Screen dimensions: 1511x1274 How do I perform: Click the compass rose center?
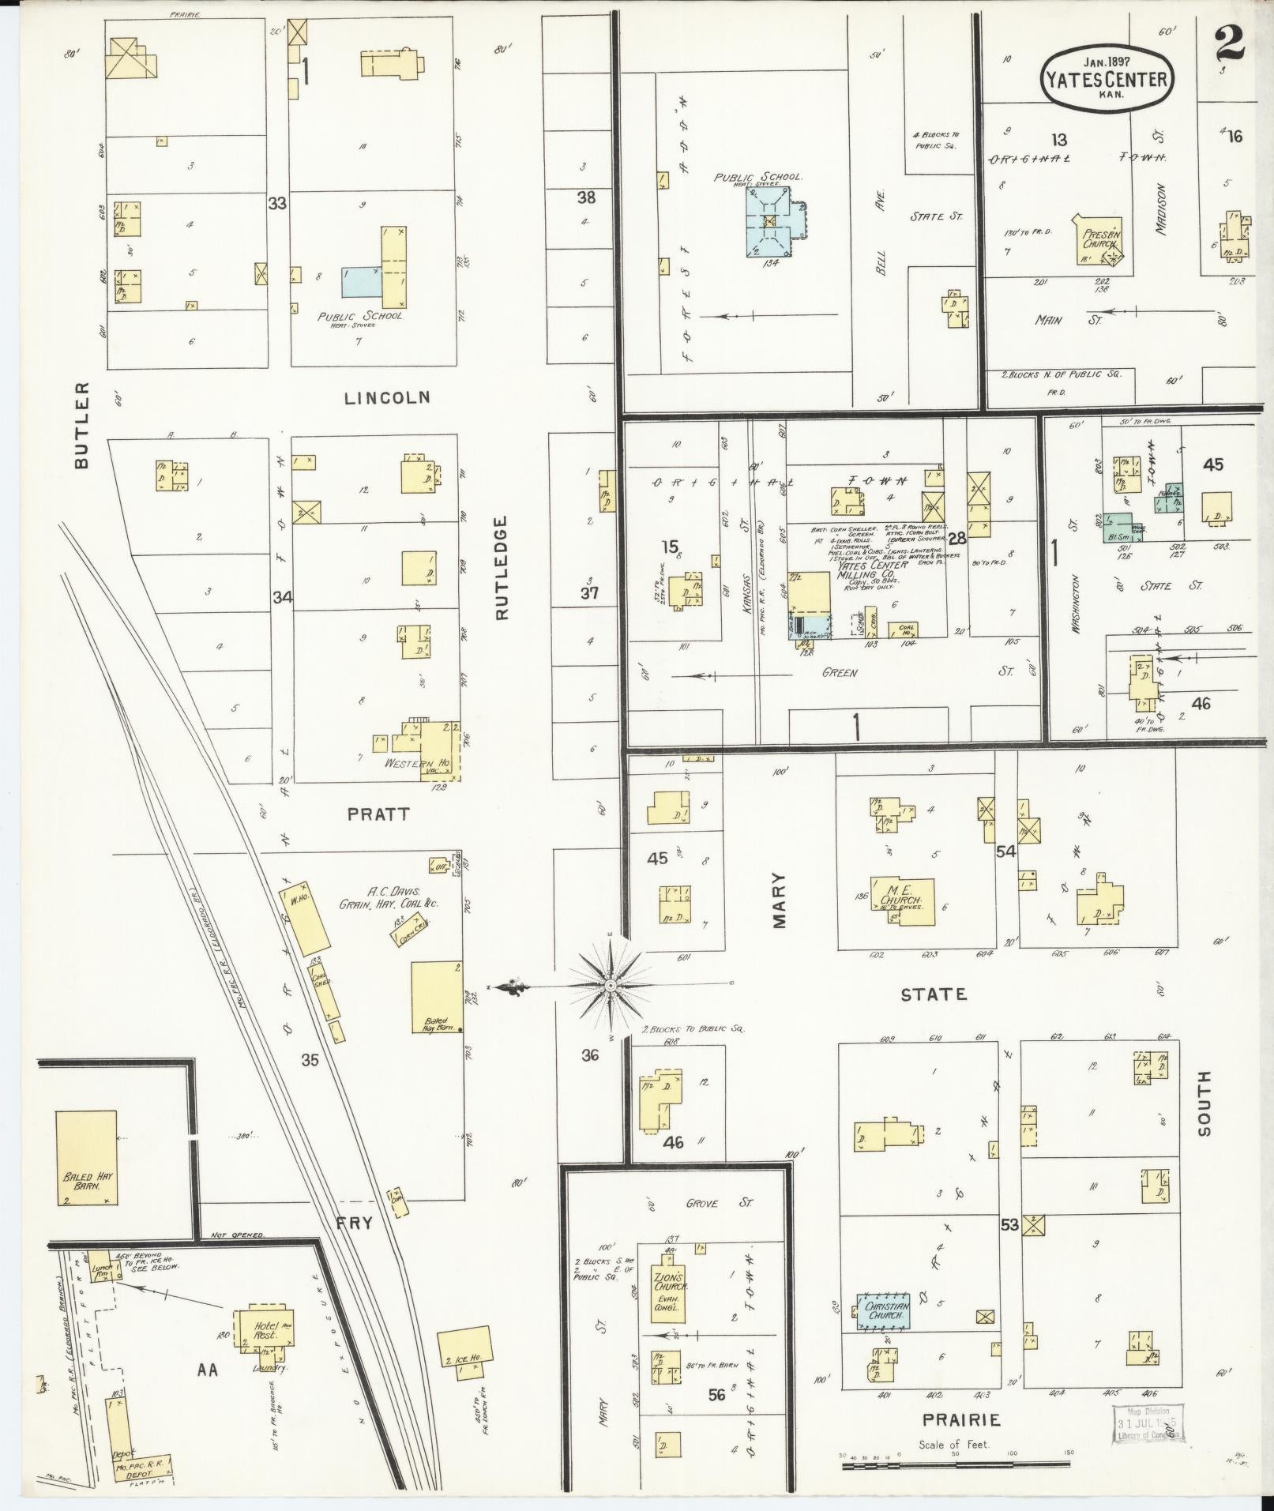[611, 986]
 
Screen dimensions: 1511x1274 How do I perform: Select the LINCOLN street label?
[387, 398]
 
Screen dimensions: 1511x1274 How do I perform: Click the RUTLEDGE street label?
[505, 568]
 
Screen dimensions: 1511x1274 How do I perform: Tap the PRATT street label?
[378, 814]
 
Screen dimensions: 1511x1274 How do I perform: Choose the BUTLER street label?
[81, 426]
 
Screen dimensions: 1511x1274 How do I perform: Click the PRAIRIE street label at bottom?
[961, 1420]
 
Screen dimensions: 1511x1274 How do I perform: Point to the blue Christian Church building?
[883, 1311]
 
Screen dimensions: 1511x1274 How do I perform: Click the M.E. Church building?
[901, 901]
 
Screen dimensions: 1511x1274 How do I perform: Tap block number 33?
[276, 204]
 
